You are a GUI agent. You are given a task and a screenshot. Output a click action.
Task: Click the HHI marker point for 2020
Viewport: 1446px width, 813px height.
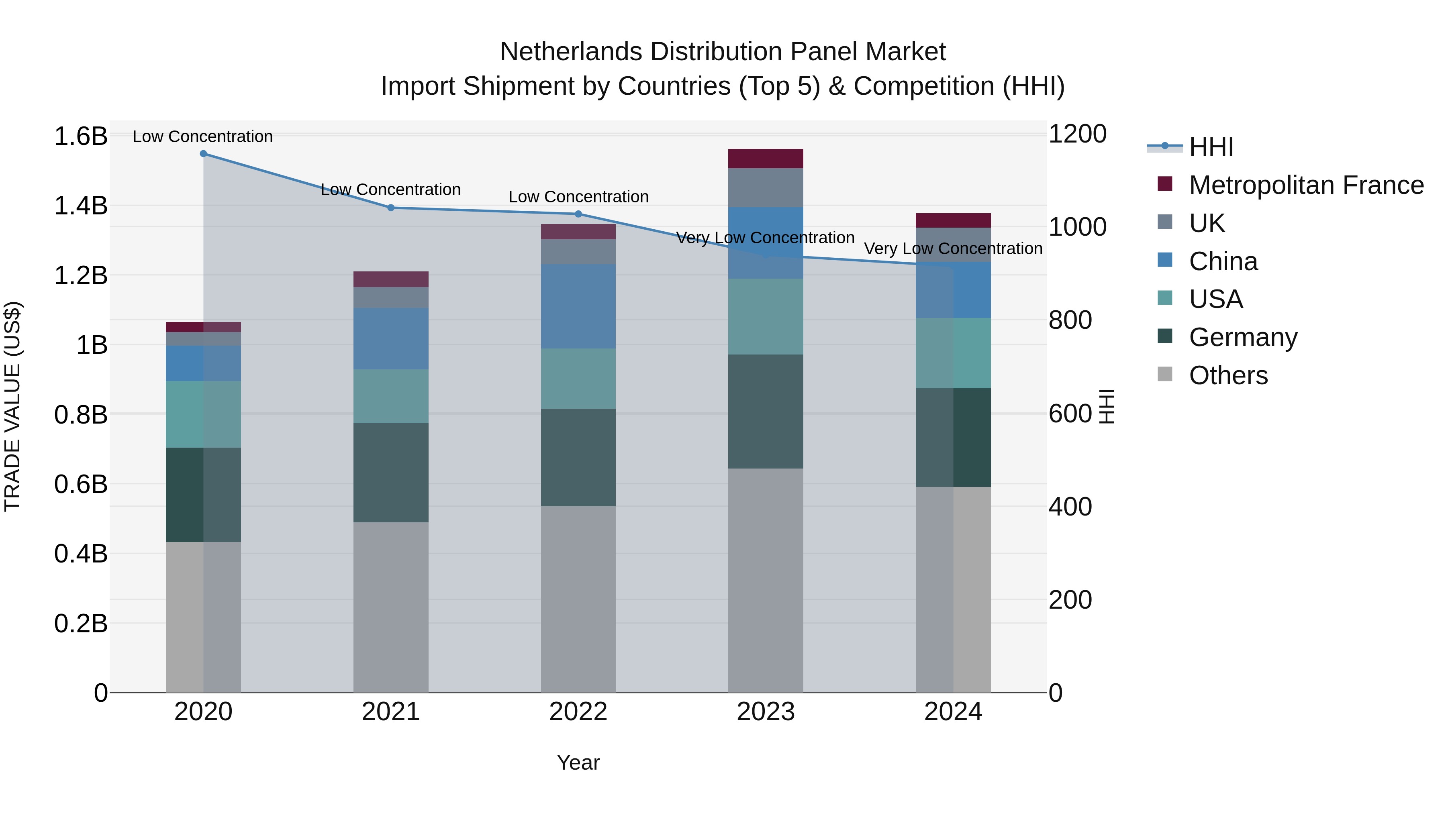pyautogui.click(x=203, y=154)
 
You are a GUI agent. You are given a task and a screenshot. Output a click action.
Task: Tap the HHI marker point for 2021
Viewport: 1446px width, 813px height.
pyautogui.click(x=391, y=208)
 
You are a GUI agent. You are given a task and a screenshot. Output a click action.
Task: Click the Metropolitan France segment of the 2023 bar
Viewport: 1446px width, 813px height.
pyautogui.click(x=766, y=159)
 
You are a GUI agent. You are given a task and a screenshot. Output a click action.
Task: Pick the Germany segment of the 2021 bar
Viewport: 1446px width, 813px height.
pyautogui.click(x=391, y=473)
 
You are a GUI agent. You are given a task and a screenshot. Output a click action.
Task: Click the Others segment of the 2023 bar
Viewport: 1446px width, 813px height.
pyautogui.click(x=766, y=580)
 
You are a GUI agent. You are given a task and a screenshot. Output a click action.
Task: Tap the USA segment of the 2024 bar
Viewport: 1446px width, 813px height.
pyautogui.click(x=953, y=353)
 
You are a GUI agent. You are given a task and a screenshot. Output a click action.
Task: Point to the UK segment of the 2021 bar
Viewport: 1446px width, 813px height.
pyautogui.click(x=391, y=297)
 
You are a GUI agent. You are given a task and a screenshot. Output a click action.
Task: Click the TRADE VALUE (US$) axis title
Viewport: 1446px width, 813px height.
pyautogui.click(x=12, y=406)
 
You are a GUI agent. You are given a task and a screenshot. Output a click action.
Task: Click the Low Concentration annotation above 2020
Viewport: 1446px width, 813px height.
pyautogui.click(x=203, y=137)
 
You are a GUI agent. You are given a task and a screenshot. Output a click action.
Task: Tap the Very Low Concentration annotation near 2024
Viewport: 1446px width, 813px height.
pyautogui.click(x=953, y=249)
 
